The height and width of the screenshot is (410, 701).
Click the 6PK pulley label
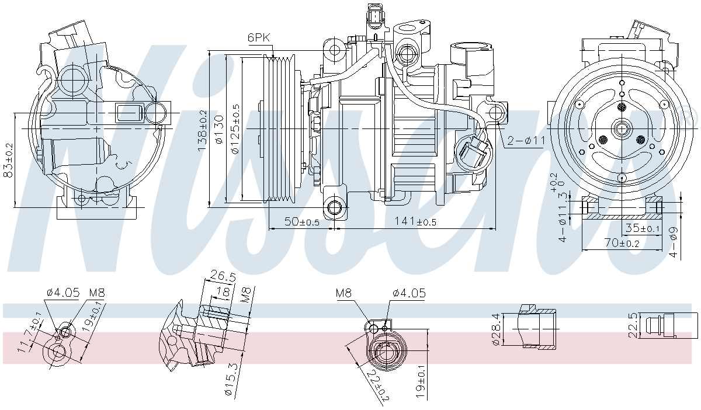coord(259,37)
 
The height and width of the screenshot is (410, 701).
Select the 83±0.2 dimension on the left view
coord(8,159)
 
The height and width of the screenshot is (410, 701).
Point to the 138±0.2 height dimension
coord(203,131)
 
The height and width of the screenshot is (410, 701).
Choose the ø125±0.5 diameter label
coord(235,130)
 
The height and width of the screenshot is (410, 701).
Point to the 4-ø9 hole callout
coord(673,240)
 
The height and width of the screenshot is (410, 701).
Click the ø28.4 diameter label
coord(496,329)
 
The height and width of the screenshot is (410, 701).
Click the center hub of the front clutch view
coord(622,128)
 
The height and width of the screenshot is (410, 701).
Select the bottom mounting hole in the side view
coord(335,207)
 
